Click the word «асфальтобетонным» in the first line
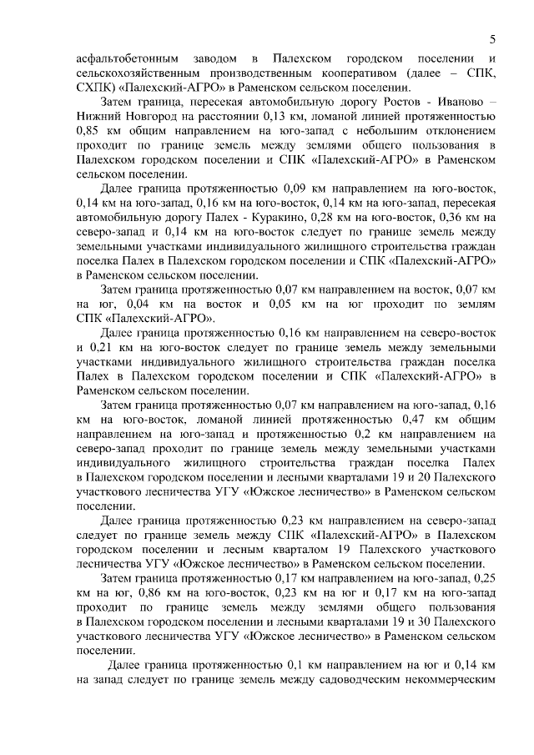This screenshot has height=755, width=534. (126, 59)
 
